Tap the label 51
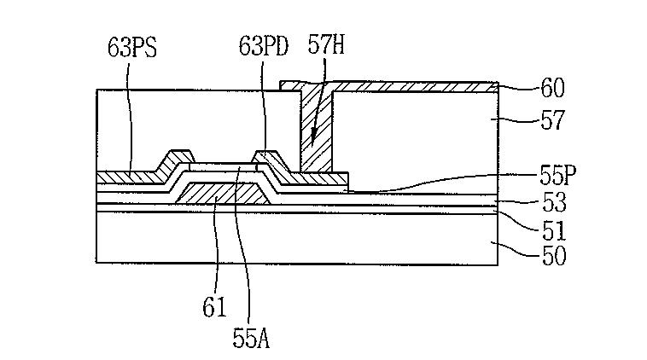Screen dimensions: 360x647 [x=553, y=230]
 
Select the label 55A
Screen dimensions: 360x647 [x=251, y=338]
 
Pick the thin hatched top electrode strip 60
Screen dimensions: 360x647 [x=410, y=85]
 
